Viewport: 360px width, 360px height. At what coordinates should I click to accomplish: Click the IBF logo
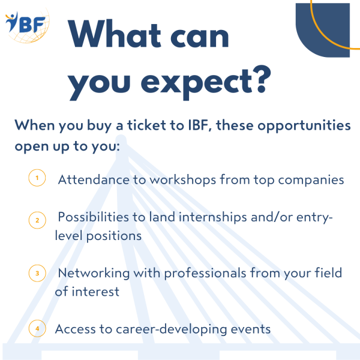point(27,25)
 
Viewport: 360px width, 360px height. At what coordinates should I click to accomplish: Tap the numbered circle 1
point(37,178)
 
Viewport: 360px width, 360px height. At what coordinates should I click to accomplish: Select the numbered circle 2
point(37,220)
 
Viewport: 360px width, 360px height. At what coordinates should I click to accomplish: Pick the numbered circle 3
point(37,273)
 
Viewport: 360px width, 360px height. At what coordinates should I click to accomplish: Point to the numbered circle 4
point(37,329)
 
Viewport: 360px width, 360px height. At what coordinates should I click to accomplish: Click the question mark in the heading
point(262,79)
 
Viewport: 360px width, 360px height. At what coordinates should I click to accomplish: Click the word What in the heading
point(115,34)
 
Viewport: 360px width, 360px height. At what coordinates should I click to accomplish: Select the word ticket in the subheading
point(147,125)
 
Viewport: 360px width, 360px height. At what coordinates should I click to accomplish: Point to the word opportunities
point(304,127)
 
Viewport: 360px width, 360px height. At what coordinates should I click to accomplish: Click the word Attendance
point(94,179)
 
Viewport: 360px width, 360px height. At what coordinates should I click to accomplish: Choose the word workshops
point(183,180)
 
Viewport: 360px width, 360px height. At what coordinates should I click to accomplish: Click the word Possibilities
point(93,217)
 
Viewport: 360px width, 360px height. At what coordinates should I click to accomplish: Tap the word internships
point(213,217)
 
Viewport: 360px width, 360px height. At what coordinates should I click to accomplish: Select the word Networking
point(94,274)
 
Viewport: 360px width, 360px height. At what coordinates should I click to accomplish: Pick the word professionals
point(205,274)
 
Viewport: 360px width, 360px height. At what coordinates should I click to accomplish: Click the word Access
point(76,329)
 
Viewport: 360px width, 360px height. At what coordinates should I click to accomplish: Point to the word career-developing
point(171,329)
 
